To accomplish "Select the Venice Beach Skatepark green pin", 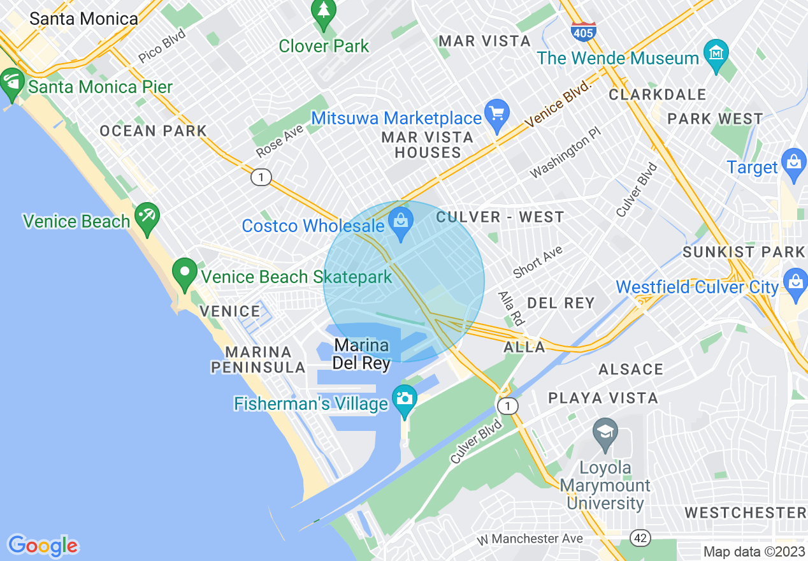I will pyautogui.click(x=185, y=273).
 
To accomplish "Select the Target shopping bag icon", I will pyautogui.click(x=794, y=163).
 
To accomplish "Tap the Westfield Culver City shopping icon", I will pyautogui.click(x=795, y=284).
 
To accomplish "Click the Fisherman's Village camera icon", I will pyautogui.click(x=404, y=400).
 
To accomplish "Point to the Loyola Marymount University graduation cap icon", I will pyautogui.click(x=605, y=433).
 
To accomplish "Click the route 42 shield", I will pyautogui.click(x=641, y=538).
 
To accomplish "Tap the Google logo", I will pyautogui.click(x=43, y=546).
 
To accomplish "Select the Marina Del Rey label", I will pyautogui.click(x=362, y=354).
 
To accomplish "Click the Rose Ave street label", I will pyautogui.click(x=280, y=140).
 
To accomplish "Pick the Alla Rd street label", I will pyautogui.click(x=511, y=309).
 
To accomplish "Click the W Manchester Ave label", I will pyautogui.click(x=530, y=539).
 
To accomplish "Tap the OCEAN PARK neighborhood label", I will pyautogui.click(x=153, y=131).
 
